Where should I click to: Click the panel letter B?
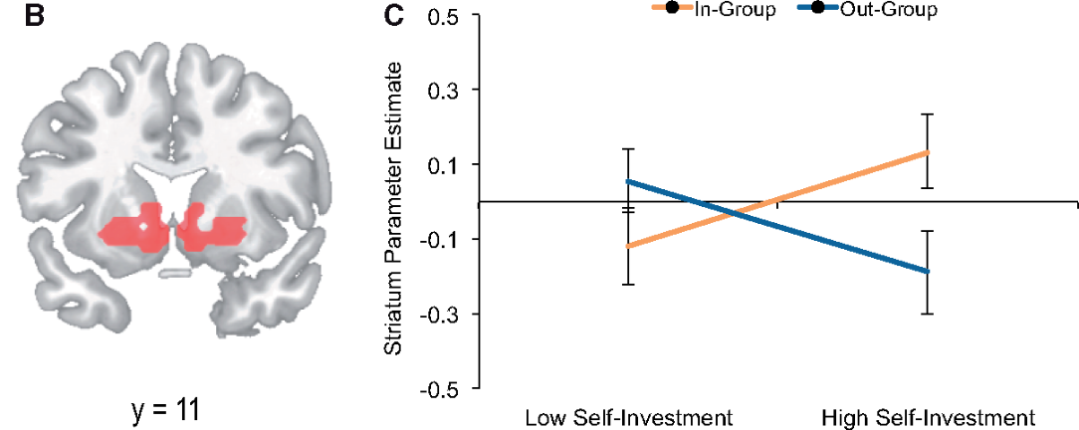(x=34, y=17)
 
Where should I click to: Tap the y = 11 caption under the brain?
(x=166, y=408)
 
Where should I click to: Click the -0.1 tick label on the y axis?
(x=439, y=240)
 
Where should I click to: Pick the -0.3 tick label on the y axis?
(x=439, y=315)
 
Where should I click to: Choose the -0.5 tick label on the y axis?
(x=439, y=389)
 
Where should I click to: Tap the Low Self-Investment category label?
(x=628, y=416)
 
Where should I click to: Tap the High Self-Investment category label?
(x=928, y=416)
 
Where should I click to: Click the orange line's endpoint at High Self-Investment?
(x=928, y=151)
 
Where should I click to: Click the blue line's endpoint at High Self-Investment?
(x=928, y=271)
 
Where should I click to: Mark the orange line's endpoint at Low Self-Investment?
(x=628, y=246)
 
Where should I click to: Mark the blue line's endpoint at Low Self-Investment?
(x=628, y=181)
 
